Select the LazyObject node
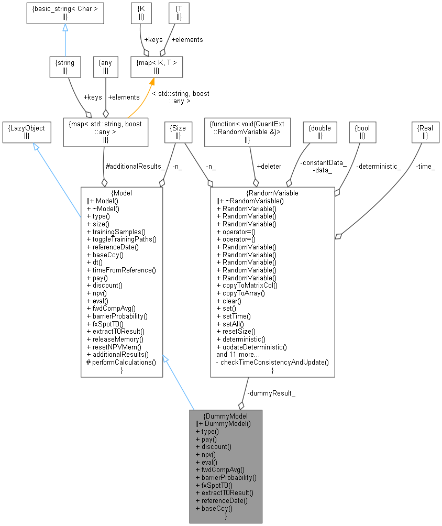(x=27, y=131)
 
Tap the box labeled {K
(x=141, y=13)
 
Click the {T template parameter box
(x=179, y=13)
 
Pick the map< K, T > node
(x=157, y=67)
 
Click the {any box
(x=105, y=67)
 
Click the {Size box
(x=178, y=131)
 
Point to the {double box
(x=320, y=131)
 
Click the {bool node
(x=362, y=131)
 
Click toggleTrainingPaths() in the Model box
(x=121, y=239)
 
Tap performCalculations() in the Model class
(x=121, y=362)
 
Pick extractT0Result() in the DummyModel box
(x=224, y=492)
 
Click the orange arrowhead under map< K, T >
(x=152, y=82)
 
